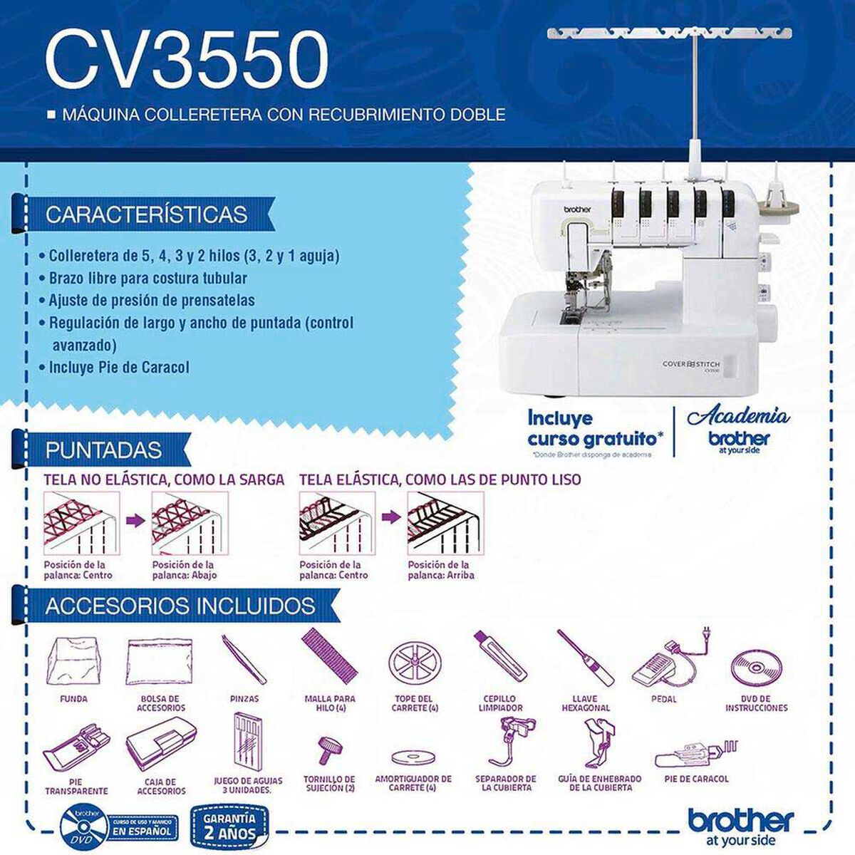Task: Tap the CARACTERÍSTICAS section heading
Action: [146, 214]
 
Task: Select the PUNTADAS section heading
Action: [103, 450]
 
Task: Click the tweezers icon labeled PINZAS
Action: [244, 660]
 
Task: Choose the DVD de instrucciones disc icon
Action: [756, 667]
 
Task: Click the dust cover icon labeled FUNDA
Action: [73, 661]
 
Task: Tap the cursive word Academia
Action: [737, 417]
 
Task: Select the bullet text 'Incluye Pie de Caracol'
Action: [119, 368]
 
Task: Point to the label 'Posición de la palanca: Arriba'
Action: [440, 569]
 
